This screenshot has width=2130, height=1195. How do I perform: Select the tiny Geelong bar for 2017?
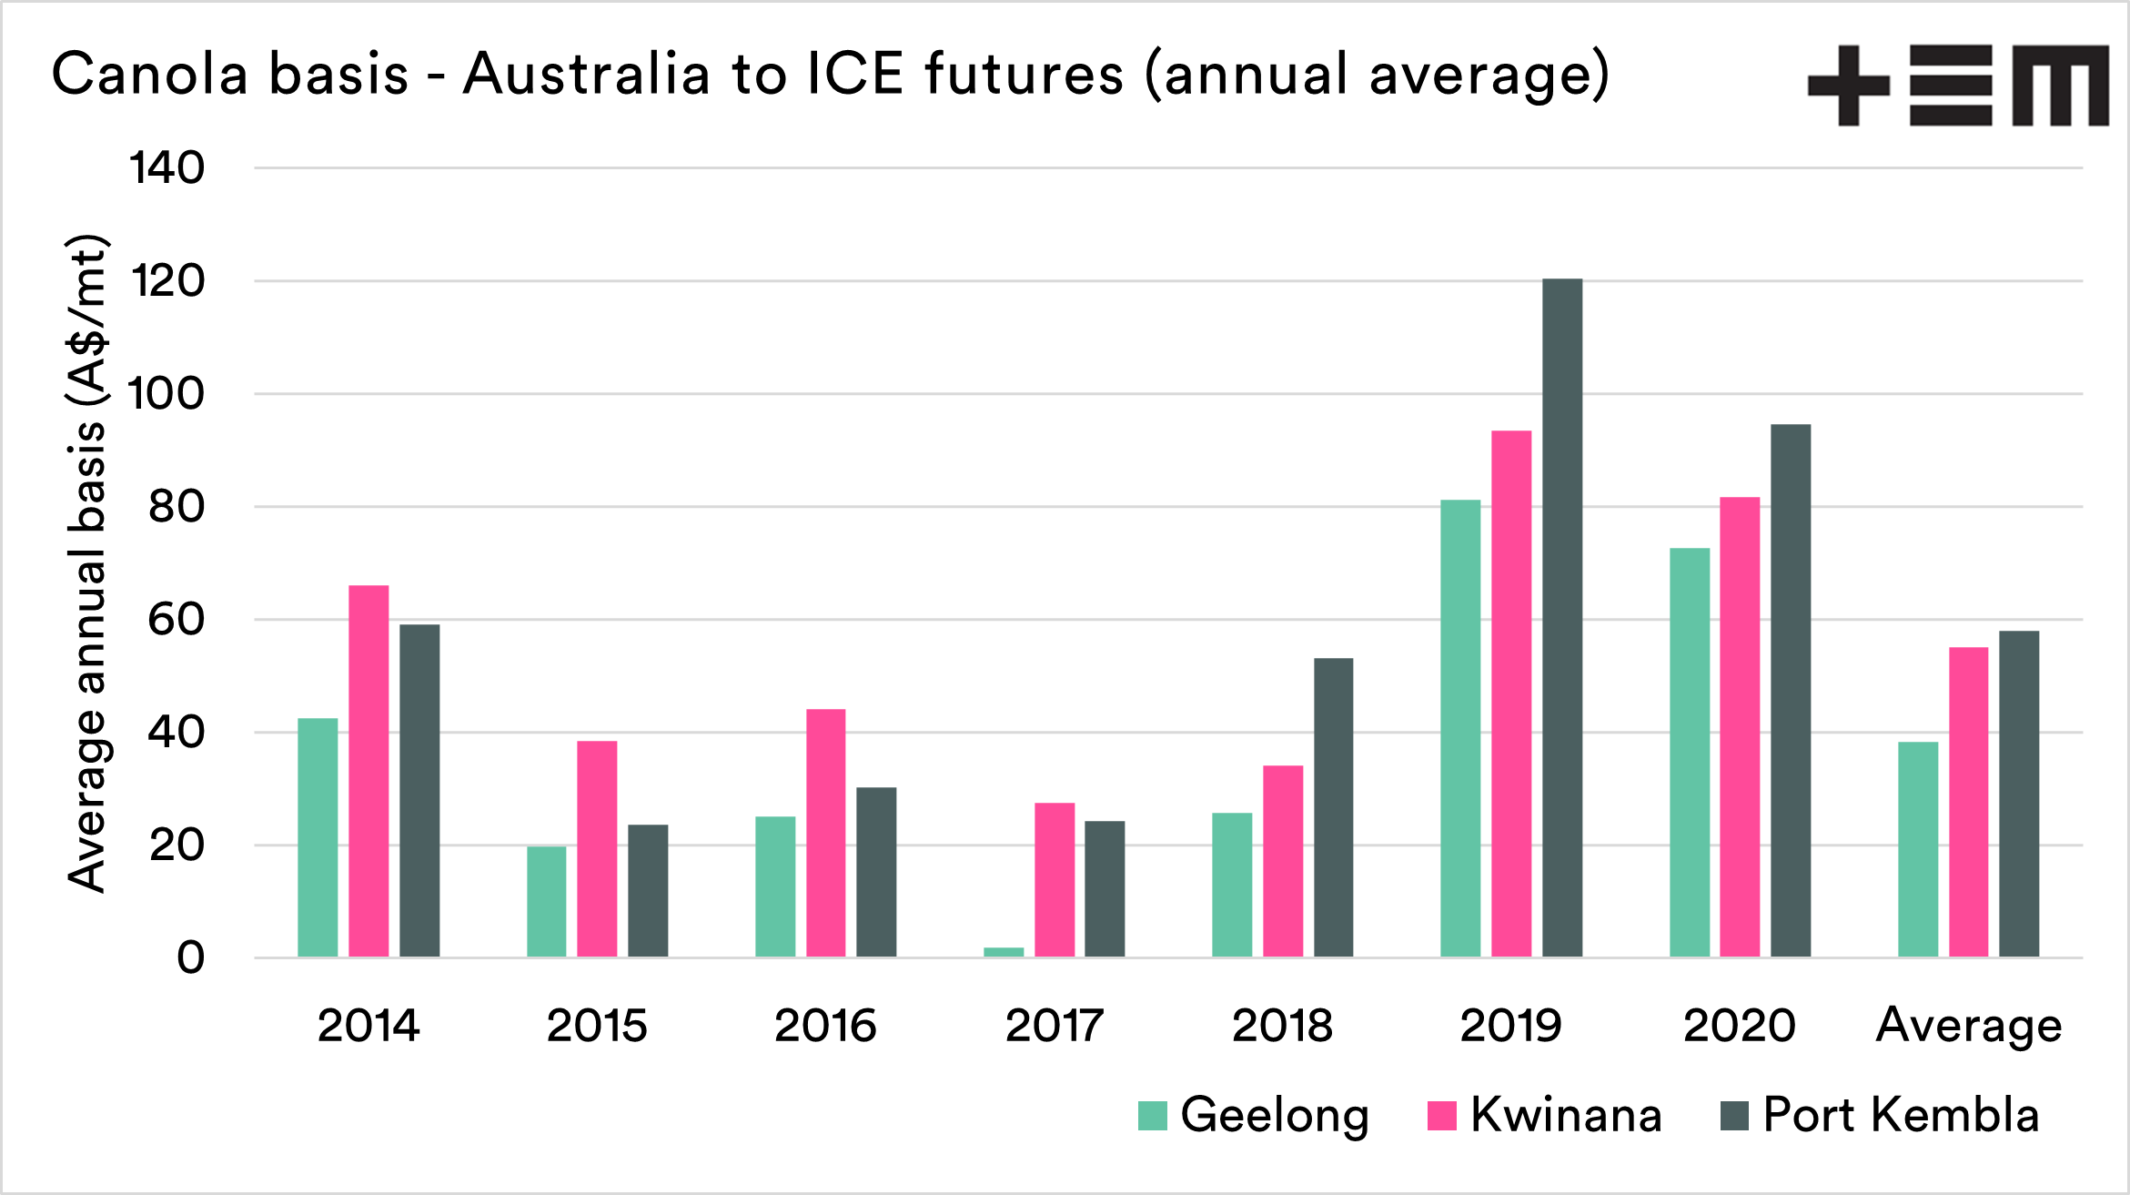tap(1004, 952)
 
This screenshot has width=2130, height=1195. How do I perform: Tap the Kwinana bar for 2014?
tap(368, 771)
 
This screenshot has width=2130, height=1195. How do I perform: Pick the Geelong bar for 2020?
tap(1690, 752)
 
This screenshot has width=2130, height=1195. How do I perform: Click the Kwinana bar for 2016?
tap(825, 833)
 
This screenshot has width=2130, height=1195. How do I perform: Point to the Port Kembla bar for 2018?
tap(1333, 807)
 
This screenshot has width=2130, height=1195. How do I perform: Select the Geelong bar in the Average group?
tap(1918, 849)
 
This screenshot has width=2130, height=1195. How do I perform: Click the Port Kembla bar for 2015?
tap(648, 890)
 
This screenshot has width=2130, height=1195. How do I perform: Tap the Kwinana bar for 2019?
tap(1511, 694)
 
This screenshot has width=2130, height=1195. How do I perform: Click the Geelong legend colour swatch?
tap(1152, 1116)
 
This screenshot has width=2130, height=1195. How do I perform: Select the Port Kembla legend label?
tap(1901, 1115)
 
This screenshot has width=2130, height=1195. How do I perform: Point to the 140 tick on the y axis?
tap(167, 168)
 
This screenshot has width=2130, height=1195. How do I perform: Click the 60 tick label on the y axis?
tap(177, 620)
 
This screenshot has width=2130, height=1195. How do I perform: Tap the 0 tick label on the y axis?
tap(190, 957)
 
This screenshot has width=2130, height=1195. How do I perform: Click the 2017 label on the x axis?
tap(1054, 1026)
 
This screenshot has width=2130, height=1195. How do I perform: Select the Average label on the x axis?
tap(1969, 1026)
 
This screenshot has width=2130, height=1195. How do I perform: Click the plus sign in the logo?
tap(1848, 86)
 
